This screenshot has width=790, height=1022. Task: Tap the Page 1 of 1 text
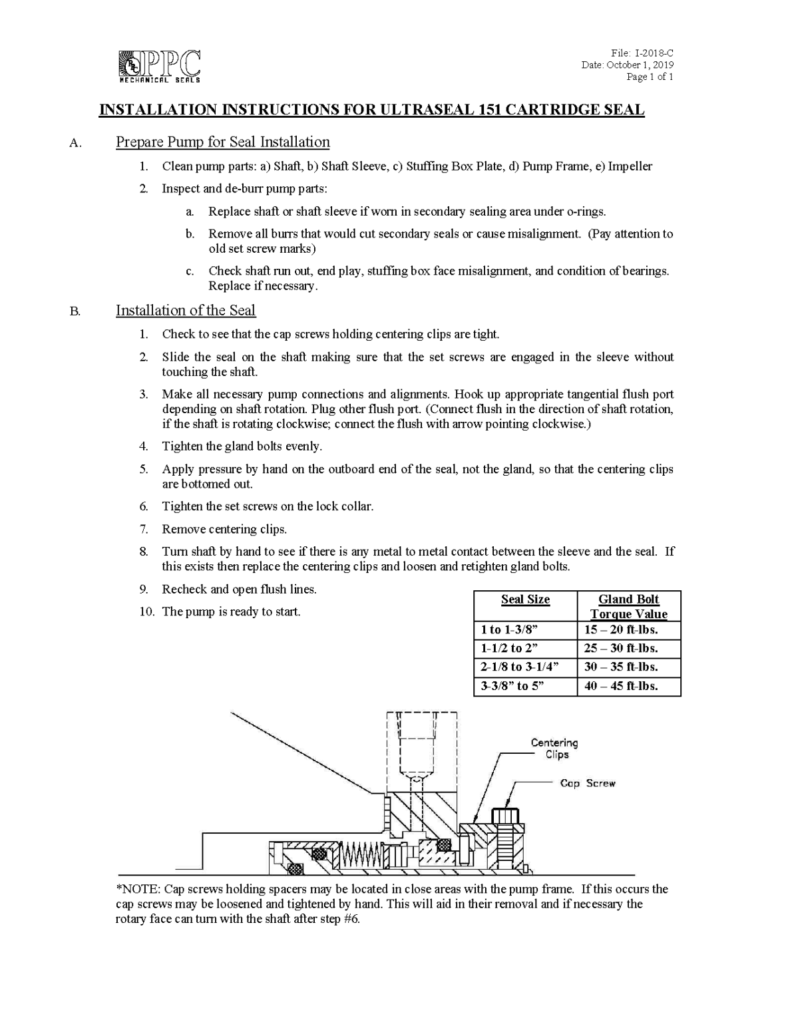tap(650, 77)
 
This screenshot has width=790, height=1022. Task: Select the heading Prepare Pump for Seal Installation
tap(222, 142)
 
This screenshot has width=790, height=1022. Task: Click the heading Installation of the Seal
tap(186, 311)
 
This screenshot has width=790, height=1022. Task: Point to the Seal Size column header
tap(525, 599)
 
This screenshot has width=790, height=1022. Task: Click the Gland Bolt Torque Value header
tap(628, 606)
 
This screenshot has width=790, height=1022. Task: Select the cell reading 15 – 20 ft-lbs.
tap(621, 630)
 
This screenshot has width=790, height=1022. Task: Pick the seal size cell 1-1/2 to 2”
tap(509, 649)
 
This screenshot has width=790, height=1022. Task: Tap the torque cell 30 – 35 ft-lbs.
tap(621, 667)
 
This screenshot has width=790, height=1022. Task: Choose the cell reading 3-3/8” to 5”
tap(512, 686)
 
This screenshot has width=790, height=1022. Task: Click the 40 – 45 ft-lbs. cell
tap(621, 686)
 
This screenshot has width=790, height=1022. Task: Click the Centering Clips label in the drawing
tap(554, 749)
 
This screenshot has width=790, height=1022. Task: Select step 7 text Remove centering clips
tap(224, 530)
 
